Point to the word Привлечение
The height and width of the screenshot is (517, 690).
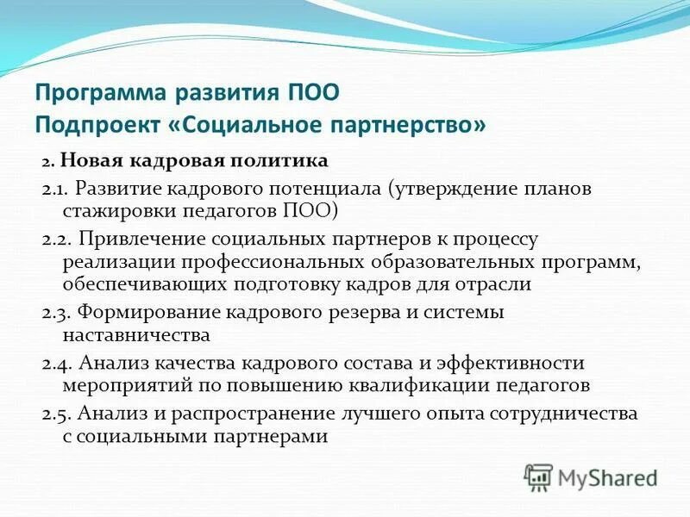137,237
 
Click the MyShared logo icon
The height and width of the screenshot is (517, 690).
537,477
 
